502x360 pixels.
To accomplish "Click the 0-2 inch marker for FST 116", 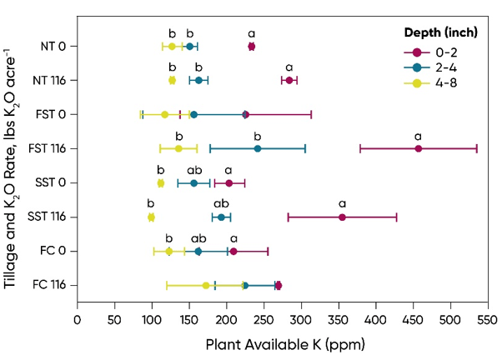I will click(419, 148).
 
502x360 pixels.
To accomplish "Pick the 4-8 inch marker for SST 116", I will click(151, 217).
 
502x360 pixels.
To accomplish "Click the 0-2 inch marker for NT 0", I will click(252, 46).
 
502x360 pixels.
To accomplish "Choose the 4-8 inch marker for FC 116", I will click(206, 285).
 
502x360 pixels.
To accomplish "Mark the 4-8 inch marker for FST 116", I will click(178, 148).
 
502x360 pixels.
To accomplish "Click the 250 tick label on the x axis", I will click(264, 317).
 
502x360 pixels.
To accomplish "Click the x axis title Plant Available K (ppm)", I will click(264, 342).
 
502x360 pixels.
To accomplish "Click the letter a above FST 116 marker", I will click(419, 136).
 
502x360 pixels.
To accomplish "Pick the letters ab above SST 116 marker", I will click(221, 203).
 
